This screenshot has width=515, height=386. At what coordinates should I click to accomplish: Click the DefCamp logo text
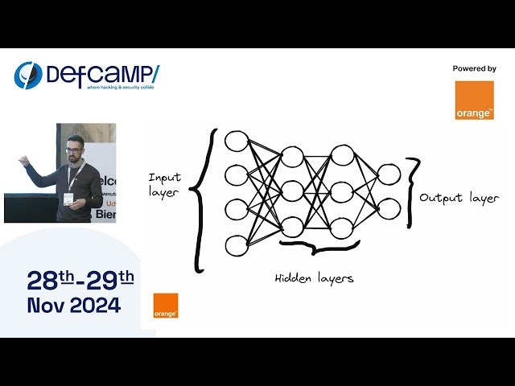coord(101,73)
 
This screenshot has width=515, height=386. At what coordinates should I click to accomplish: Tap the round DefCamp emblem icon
coord(27,76)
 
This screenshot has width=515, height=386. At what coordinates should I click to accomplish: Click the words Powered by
coord(474,69)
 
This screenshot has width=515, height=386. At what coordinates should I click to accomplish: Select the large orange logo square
coord(474,101)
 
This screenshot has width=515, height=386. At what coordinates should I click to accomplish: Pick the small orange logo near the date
coord(166,306)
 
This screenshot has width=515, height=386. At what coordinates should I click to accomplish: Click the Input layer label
coord(165,184)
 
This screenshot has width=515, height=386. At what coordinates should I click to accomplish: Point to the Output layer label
coord(459,198)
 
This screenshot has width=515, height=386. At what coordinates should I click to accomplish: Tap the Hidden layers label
coord(314,278)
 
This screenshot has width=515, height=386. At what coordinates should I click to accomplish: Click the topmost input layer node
coord(236,142)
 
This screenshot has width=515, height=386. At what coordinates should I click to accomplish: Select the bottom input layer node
coord(236,245)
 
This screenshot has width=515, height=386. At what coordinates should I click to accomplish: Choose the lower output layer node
coord(389,208)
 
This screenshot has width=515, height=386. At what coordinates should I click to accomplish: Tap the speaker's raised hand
coord(24,162)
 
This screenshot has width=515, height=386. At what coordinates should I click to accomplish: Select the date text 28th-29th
coord(80,280)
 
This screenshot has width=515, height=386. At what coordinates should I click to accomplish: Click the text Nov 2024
coord(74,306)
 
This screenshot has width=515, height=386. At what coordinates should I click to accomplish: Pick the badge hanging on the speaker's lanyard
coord(70,199)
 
